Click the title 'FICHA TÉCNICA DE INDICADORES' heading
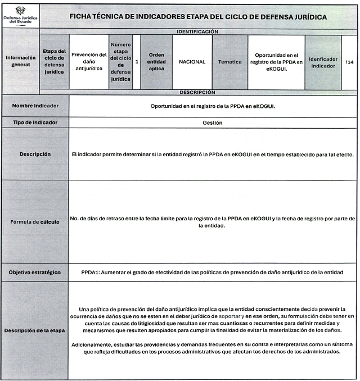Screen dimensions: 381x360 [198, 17]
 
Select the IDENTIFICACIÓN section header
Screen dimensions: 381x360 [197, 32]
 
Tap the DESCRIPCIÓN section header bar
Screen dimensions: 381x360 [197, 92]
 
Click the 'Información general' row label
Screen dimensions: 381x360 [21, 61]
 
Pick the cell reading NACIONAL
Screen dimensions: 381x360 [192, 62]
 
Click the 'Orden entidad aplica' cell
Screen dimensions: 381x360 [156, 62]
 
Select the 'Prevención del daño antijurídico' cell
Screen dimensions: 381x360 [89, 62]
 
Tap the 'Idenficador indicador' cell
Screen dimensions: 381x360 [323, 62]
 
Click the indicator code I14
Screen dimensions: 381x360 [350, 62]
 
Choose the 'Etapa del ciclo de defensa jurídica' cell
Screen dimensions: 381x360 [55, 62]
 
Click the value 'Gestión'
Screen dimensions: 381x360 [212, 123]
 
